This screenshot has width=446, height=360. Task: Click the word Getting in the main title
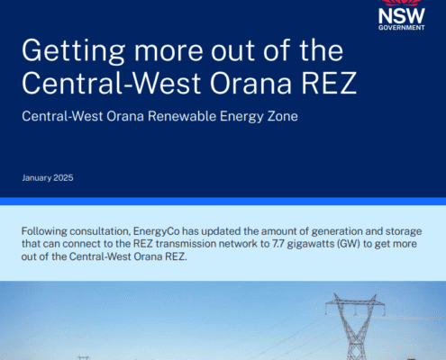click(x=73, y=51)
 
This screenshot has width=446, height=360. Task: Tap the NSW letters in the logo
click(x=402, y=16)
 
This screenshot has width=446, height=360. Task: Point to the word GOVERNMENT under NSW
click(x=402, y=28)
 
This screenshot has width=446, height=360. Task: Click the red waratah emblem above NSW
click(x=402, y=3)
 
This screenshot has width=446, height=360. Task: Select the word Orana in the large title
click(x=250, y=83)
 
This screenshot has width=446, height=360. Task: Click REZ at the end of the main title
click(x=329, y=83)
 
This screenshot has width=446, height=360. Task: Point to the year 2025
click(x=64, y=177)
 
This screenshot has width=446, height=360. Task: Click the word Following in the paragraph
click(x=44, y=231)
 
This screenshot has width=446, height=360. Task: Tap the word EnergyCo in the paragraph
click(x=157, y=231)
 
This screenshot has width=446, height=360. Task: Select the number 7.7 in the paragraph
click(x=278, y=244)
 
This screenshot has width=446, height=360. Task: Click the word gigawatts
click(x=310, y=244)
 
